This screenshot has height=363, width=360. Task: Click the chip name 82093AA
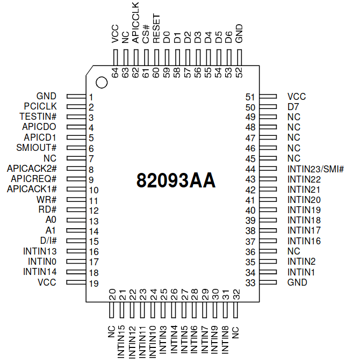click(176, 180)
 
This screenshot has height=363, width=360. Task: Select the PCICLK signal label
click(40, 106)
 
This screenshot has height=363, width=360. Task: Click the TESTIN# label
click(38, 117)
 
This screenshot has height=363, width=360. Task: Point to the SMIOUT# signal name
click(37, 148)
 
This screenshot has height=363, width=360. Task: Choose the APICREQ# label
click(34, 179)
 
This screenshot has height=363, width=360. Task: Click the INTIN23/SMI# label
click(316, 169)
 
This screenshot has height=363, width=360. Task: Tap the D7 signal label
click(293, 107)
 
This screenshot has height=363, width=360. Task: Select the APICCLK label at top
click(135, 23)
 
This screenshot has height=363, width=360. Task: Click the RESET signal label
click(156, 28)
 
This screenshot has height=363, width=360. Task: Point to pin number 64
click(115, 72)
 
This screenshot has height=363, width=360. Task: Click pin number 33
click(250, 282)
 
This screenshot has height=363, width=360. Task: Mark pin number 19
click(94, 284)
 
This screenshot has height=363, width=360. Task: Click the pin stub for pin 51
click(268, 96)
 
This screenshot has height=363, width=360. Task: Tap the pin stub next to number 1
click(76, 96)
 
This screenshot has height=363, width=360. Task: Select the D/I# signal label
click(48, 241)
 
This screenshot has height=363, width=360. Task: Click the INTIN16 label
click(304, 241)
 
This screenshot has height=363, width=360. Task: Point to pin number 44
click(250, 169)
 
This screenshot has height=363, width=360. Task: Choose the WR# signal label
click(47, 200)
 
